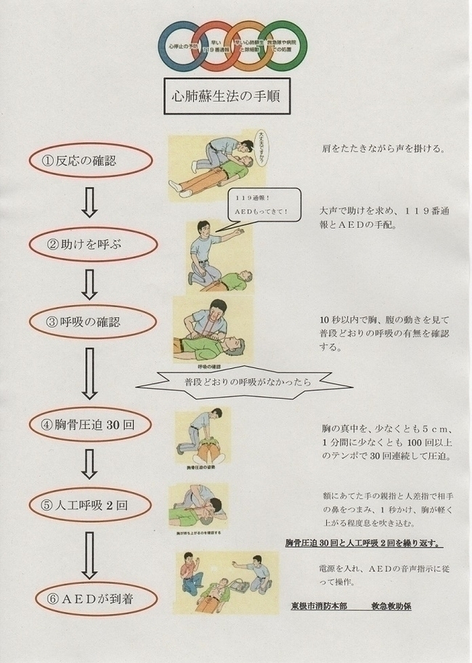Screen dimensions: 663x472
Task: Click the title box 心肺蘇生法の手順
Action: (227, 95)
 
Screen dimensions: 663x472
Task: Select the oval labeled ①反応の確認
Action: (89, 160)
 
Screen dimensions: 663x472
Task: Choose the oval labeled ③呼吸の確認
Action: (89, 322)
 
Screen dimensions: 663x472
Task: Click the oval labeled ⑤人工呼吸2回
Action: (89, 503)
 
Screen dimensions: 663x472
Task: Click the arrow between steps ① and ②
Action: (89, 203)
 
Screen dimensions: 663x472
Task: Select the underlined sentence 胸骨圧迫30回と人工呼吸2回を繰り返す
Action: (364, 544)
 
